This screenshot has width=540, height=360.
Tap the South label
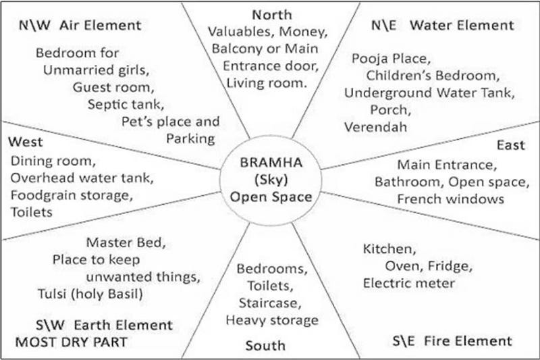(x=265, y=346)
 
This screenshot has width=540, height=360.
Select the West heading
(x=25, y=143)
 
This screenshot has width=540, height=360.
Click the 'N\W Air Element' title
(x=80, y=26)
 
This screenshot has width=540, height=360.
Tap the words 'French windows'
(x=450, y=199)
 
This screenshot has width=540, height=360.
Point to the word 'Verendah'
(x=371, y=126)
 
